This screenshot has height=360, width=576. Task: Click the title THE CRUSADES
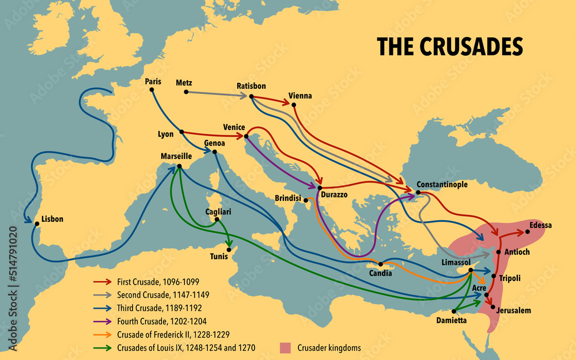coord(449,47)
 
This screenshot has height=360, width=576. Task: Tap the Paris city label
coord(153,82)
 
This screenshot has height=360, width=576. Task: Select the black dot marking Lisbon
coord(37,223)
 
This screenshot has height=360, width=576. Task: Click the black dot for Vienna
coord(294,105)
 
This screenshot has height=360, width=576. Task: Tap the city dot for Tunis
coord(229,249)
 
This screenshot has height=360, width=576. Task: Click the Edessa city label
coord(540,225)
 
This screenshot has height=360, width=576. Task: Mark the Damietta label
coord(452,320)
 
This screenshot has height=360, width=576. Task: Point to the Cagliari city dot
coord(217,219)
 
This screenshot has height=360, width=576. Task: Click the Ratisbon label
coord(251,86)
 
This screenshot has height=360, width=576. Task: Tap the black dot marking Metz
coord(186,92)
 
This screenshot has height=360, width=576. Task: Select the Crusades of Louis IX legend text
coord(186,347)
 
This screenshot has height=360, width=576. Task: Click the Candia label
coord(380,273)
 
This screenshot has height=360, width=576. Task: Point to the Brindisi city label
coord(288,198)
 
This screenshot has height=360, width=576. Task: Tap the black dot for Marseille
coord(179,166)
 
